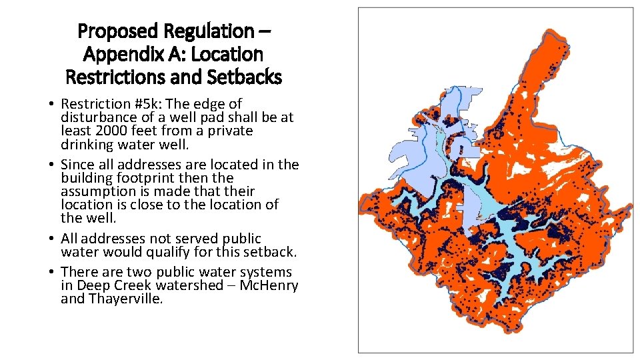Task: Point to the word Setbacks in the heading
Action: pos(245,77)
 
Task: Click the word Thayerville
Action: pos(125,299)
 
